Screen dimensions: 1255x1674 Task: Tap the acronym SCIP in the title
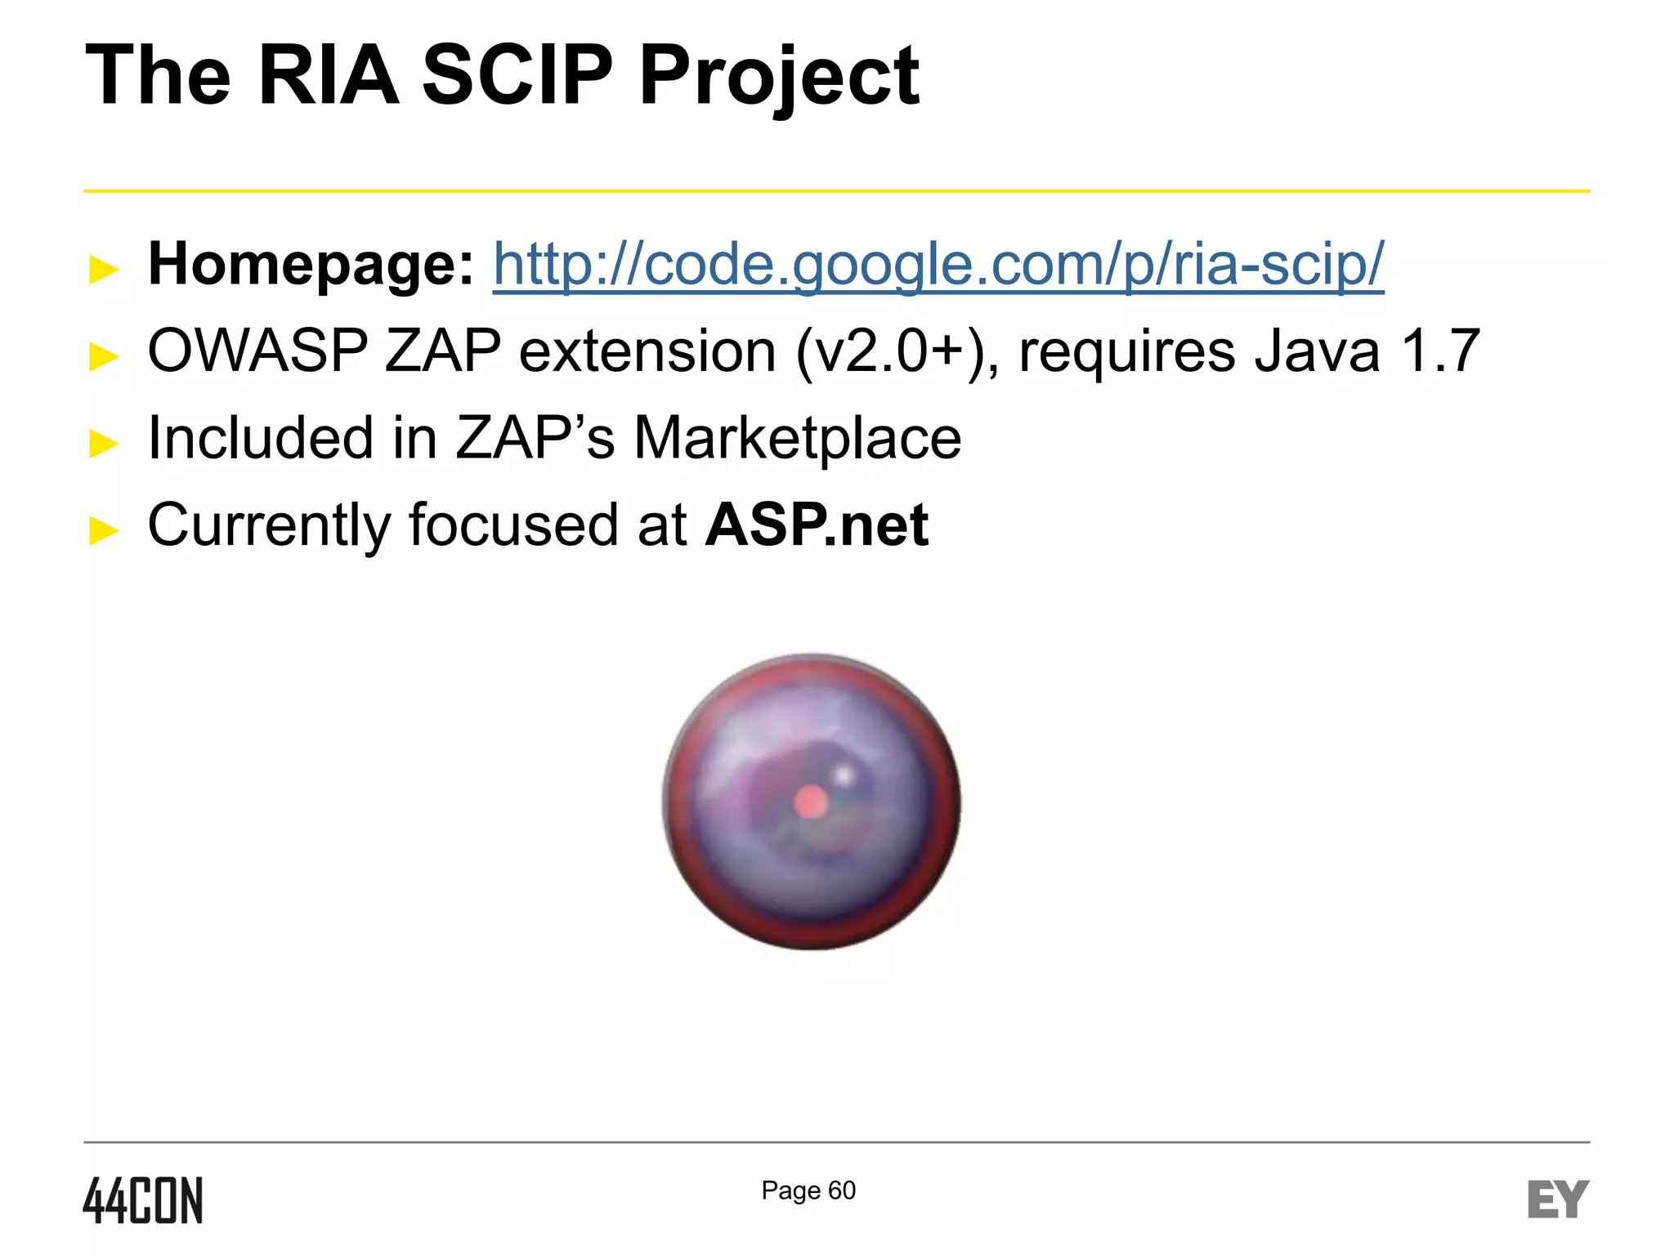[517, 75]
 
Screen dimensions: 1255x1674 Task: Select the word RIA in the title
[328, 75]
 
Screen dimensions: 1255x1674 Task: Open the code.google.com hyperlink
[938, 265]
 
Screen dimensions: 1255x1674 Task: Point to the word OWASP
[257, 351]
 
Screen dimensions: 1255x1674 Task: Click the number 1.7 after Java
[1439, 351]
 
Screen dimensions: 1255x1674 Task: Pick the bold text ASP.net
[817, 525]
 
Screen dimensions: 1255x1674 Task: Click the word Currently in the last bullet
[269, 525]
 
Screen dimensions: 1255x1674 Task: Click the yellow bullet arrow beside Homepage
[104, 269]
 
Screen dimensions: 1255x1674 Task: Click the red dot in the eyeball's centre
[810, 802]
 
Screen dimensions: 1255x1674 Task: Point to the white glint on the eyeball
[844, 773]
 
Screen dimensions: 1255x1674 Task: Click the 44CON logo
[143, 1200]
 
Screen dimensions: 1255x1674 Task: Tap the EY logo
[1557, 1199]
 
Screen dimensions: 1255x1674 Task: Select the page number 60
[842, 1190]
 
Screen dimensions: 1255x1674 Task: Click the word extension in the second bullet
[647, 351]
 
